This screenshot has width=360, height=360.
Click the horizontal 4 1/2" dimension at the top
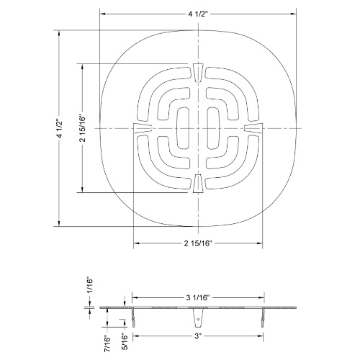(x=199, y=13)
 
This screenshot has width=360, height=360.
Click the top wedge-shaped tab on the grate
(x=199, y=71)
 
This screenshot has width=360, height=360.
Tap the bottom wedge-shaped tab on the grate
(x=199, y=184)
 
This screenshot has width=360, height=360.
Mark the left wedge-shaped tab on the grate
(x=142, y=127)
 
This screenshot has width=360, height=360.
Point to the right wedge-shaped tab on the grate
(x=255, y=127)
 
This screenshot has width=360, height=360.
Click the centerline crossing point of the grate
(x=199, y=127)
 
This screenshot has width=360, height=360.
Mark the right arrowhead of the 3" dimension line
(x=261, y=335)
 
